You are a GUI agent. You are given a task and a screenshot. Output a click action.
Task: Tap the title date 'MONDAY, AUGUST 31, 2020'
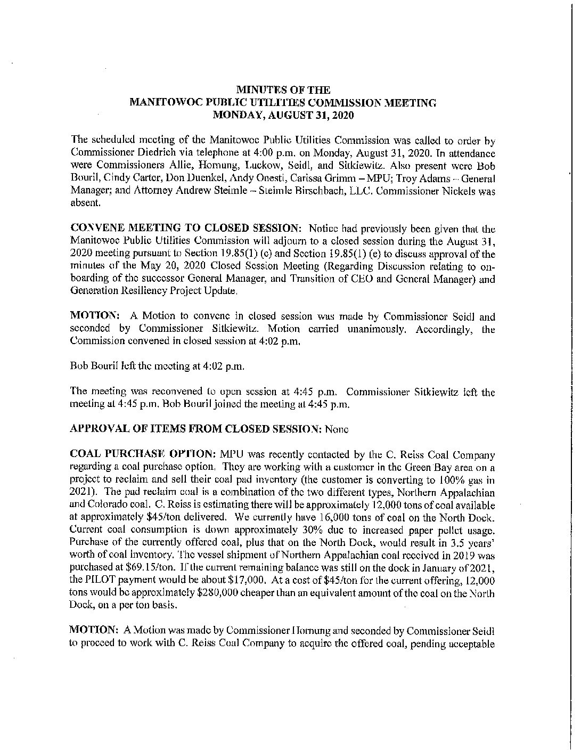click(x=283, y=114)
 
